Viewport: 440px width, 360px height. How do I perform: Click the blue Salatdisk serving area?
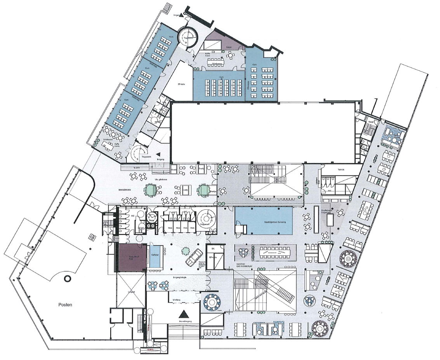coord(264,220)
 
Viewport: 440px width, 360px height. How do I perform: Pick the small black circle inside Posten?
coord(68,278)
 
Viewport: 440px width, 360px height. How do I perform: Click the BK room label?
coord(213,248)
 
